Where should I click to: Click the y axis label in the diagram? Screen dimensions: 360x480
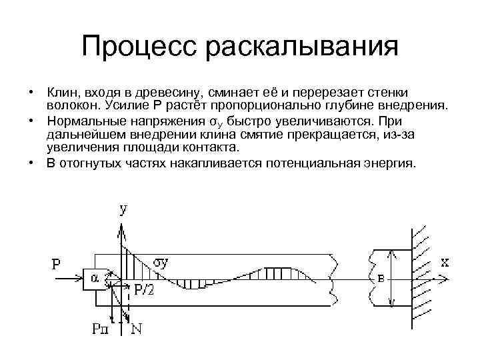(124, 210)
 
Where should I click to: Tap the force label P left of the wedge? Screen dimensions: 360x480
(57, 265)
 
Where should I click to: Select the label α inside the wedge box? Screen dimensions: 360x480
(95, 279)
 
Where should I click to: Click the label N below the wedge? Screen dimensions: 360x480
(137, 327)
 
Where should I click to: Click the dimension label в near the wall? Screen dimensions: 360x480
(381, 279)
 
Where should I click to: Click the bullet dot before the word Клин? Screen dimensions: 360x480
(31, 91)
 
